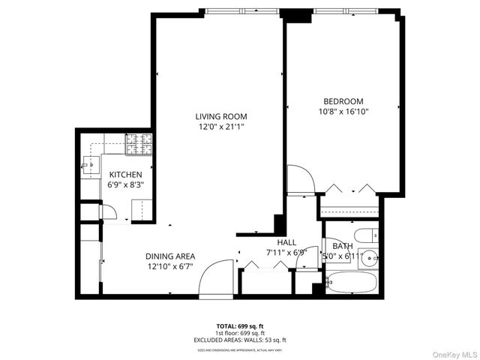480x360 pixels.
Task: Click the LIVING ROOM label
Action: coord(220,116)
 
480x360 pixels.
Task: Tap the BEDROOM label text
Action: coord(343,101)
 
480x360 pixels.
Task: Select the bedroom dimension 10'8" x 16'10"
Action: coord(343,112)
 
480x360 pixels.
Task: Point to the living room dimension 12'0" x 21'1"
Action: coord(220,127)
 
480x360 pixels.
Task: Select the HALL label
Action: coord(286,242)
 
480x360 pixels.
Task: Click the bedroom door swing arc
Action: coord(300,180)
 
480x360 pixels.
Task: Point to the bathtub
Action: coord(352,282)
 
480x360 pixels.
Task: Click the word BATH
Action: coord(343,245)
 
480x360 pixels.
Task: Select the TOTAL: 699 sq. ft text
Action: coord(240,326)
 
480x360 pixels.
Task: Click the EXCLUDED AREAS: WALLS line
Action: coord(240,340)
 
